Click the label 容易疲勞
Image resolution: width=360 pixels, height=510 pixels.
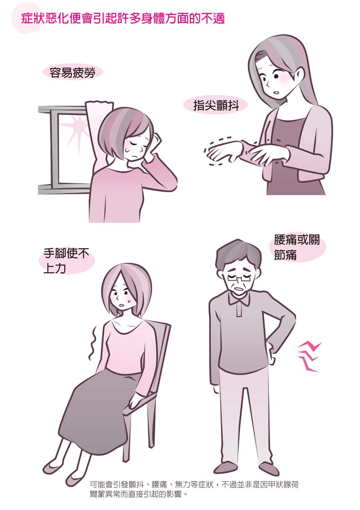click(72, 73)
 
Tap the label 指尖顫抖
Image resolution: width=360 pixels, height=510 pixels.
click(216, 105)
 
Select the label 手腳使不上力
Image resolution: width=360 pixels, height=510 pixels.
click(66, 261)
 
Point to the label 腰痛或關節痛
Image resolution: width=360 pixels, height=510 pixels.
click(297, 247)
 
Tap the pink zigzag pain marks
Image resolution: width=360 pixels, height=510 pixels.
click(308, 356)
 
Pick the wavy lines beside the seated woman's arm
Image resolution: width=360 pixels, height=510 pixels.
click(93, 343)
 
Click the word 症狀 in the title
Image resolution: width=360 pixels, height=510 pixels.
click(33, 19)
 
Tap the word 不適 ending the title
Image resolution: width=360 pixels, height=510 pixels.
click(213, 19)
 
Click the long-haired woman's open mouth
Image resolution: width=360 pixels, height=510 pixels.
click(276, 92)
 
